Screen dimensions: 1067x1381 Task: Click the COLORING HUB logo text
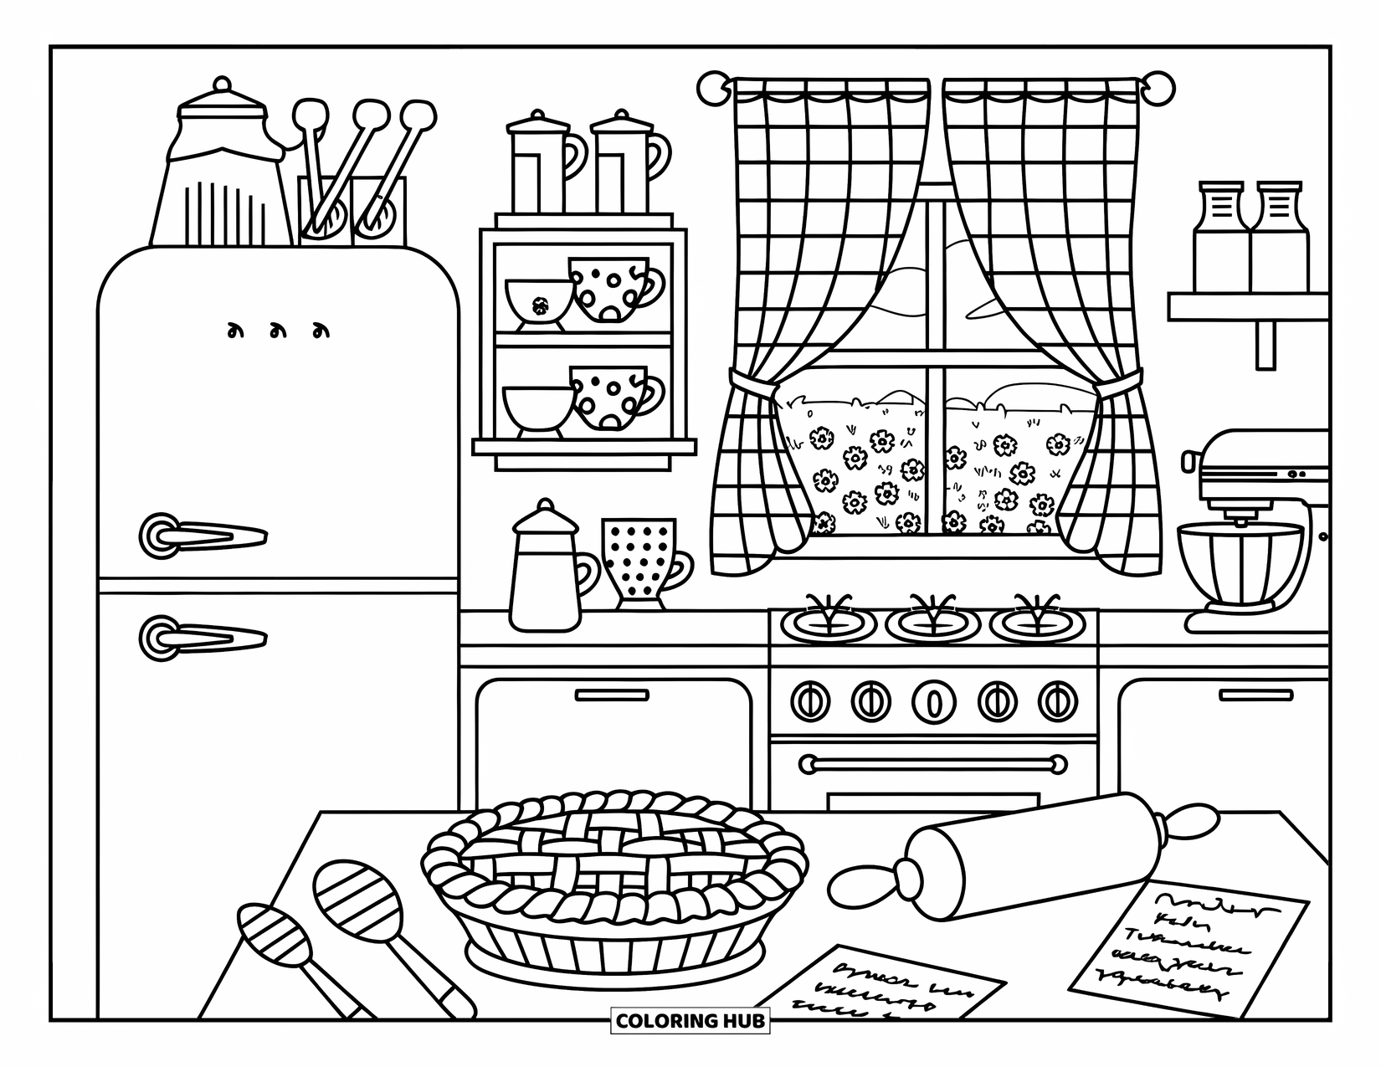pyautogui.click(x=690, y=1021)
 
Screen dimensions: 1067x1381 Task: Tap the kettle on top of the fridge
pyautogui.click(x=219, y=180)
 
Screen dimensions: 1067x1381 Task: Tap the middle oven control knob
pyautogui.click(x=932, y=699)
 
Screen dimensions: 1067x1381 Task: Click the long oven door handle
pyautogui.click(x=932, y=763)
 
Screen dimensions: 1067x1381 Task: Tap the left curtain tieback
pyautogui.click(x=755, y=387)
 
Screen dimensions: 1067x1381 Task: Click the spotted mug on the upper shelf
pyautogui.click(x=611, y=289)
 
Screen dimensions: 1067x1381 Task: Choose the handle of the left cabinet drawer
pyautogui.click(x=612, y=695)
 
